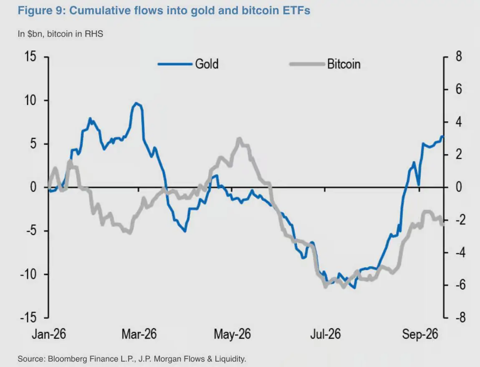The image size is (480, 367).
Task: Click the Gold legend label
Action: coord(207,64)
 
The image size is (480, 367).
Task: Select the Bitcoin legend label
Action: coord(344,64)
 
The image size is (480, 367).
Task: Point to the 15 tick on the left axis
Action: coord(30,57)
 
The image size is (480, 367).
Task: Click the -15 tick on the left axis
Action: coord(28,318)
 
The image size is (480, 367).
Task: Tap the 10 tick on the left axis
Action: coord(30,101)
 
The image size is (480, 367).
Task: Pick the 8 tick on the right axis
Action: coord(459,57)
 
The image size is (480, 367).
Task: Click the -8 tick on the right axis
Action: coord(459,318)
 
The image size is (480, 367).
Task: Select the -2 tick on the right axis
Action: coord(459,220)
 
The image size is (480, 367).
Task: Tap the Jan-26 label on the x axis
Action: coord(49,334)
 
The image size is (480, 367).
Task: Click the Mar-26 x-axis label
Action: coord(139,334)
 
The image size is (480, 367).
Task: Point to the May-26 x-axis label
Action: coord(232,334)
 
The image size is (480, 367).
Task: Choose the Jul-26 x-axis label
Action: coord(326,334)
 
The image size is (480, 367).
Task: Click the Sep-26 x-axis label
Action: coord(420,334)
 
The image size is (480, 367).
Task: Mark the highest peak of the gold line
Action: coord(136,103)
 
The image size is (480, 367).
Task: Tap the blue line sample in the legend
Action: coord(175,64)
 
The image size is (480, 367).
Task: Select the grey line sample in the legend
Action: coord(307,64)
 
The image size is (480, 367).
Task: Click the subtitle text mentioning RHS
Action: coord(60,34)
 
